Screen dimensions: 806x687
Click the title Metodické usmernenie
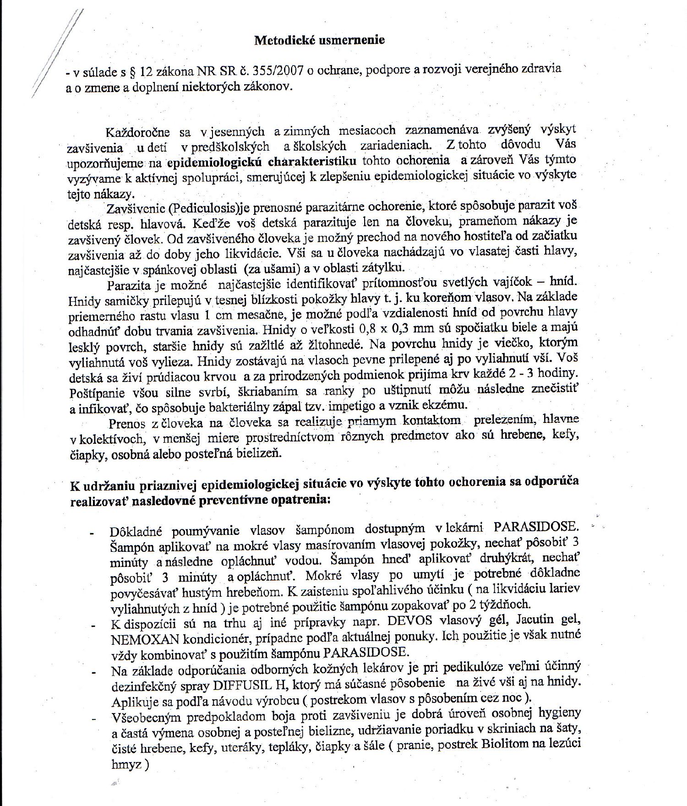tap(319, 40)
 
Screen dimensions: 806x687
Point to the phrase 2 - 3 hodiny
tap(535, 374)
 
